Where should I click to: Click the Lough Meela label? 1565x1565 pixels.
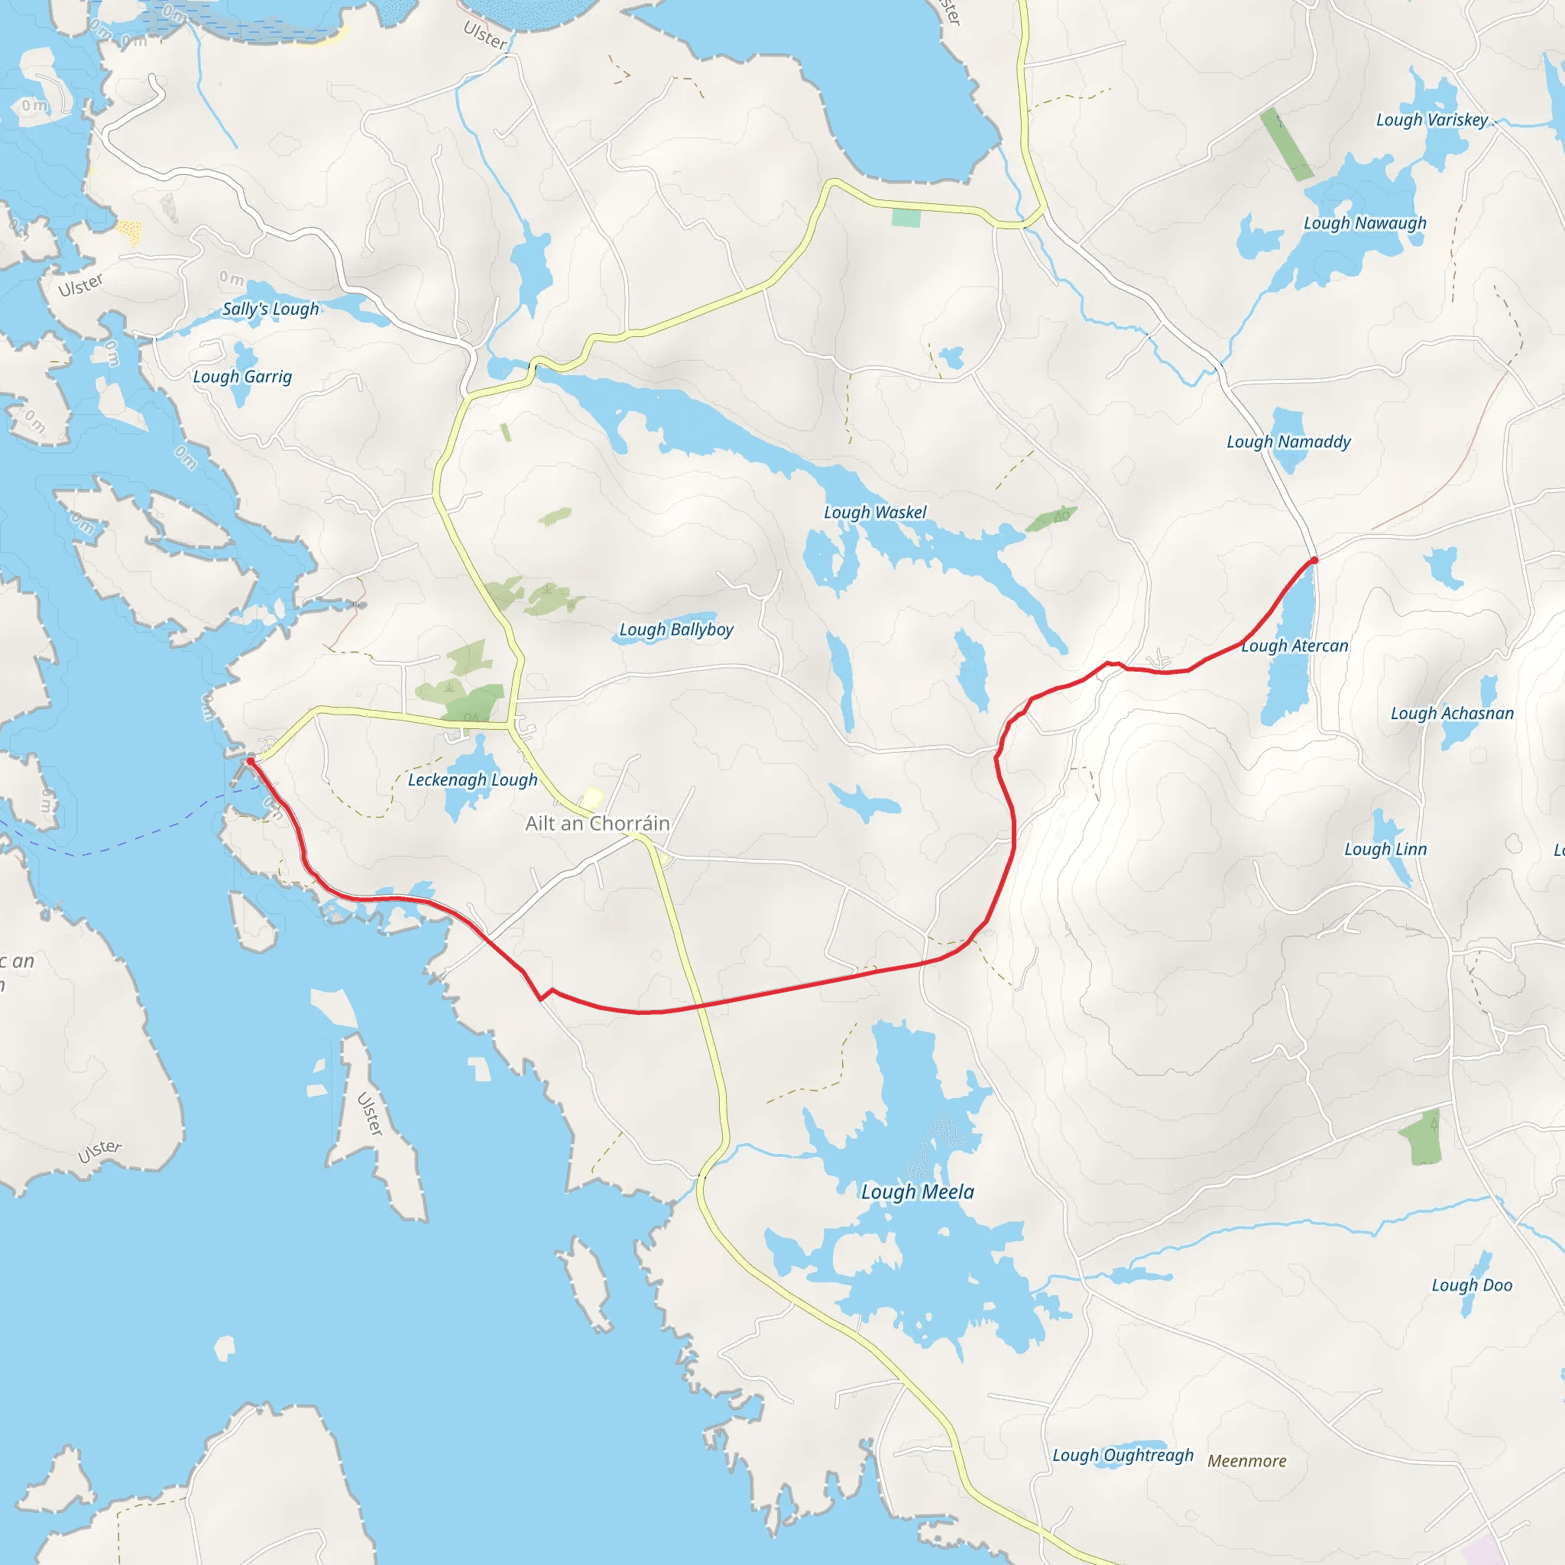pyautogui.click(x=917, y=1191)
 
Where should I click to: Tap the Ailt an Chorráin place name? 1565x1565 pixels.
pyautogui.click(x=597, y=823)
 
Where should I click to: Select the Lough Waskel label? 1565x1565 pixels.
pyautogui.click(x=875, y=512)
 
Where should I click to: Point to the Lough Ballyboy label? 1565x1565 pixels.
pyautogui.click(x=676, y=630)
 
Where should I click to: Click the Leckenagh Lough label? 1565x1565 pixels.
pyautogui.click(x=472, y=779)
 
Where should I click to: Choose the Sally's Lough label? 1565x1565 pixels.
pyautogui.click(x=271, y=309)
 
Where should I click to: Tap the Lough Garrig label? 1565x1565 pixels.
pyautogui.click(x=242, y=377)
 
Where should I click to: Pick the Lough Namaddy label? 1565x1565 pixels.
pyautogui.click(x=1288, y=442)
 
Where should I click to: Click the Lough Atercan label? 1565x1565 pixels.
pyautogui.click(x=1294, y=646)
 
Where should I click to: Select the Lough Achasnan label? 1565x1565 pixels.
pyautogui.click(x=1452, y=714)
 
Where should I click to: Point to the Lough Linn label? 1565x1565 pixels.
pyautogui.click(x=1385, y=849)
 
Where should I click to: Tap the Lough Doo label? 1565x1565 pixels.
pyautogui.click(x=1472, y=1285)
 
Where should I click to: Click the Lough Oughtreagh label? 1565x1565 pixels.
pyautogui.click(x=1123, y=1455)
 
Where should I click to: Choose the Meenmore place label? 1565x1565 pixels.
pyautogui.click(x=1246, y=1460)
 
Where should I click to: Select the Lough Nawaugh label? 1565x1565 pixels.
pyautogui.click(x=1365, y=223)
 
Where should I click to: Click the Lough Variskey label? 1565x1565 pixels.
pyautogui.click(x=1432, y=120)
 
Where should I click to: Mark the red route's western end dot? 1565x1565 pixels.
pyautogui.click(x=251, y=761)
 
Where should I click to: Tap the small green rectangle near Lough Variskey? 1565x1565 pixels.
pyautogui.click(x=1285, y=144)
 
